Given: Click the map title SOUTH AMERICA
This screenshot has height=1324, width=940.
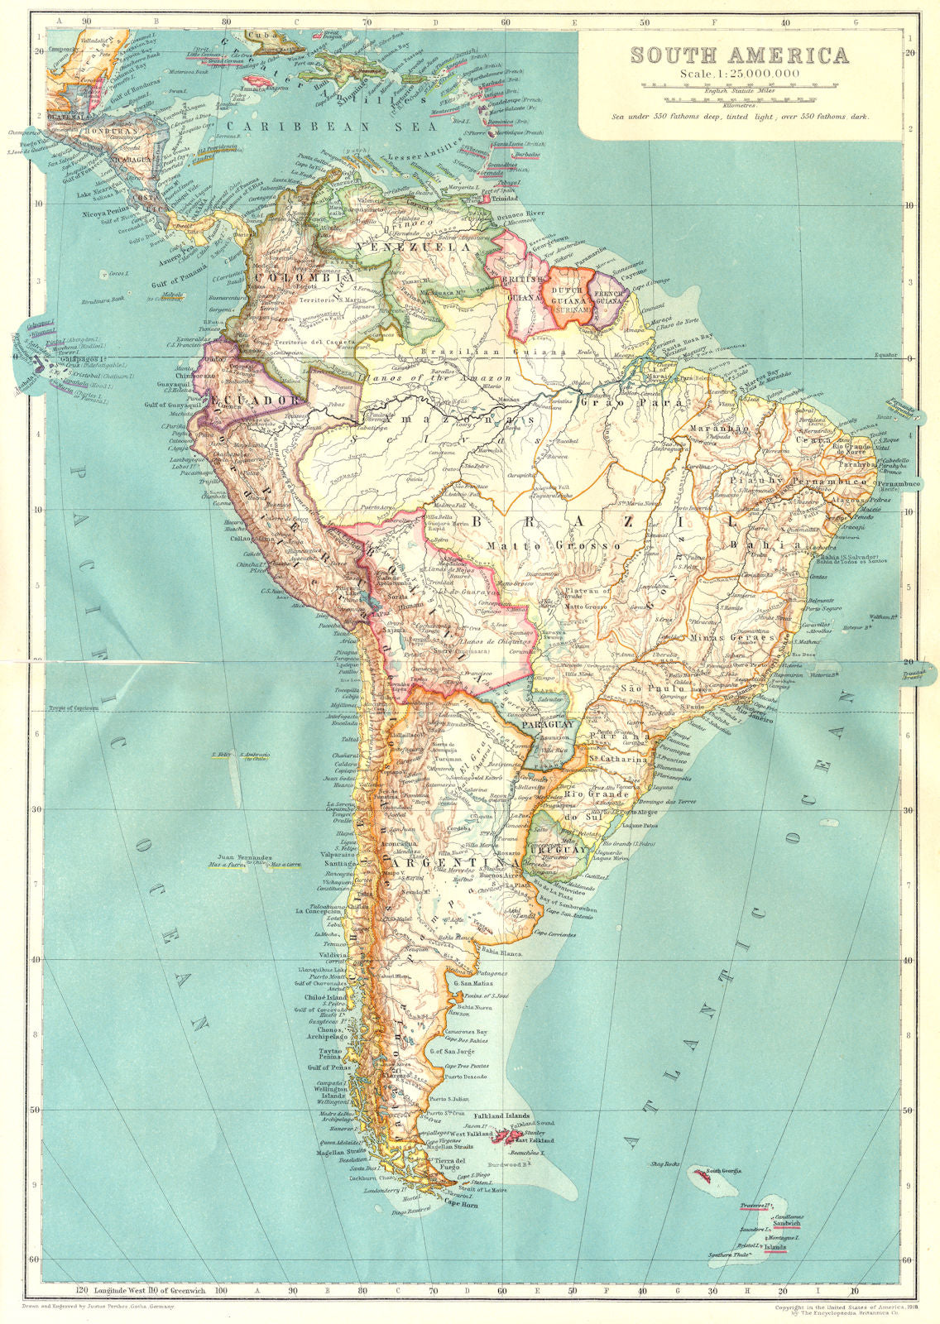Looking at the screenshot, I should [739, 55].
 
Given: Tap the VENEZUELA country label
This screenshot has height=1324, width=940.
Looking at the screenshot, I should [401, 247].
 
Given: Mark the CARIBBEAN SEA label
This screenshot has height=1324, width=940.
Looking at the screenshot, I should [326, 127].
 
